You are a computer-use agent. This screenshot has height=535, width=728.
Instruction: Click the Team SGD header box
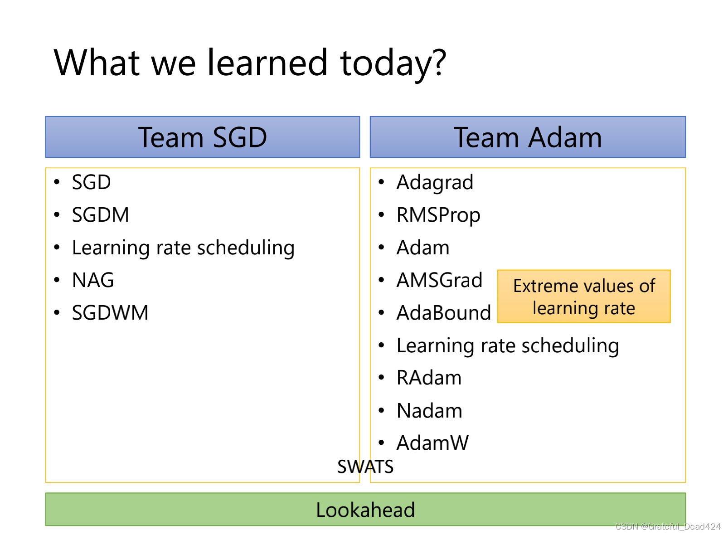pyautogui.click(x=203, y=137)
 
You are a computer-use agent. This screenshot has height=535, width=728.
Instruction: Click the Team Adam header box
pyautogui.click(x=528, y=137)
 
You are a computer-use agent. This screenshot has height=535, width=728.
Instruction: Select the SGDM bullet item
pyautogui.click(x=101, y=215)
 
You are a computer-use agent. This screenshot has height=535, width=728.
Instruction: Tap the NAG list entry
pyautogui.click(x=93, y=280)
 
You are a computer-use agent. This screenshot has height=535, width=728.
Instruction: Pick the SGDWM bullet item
pyautogui.click(x=110, y=313)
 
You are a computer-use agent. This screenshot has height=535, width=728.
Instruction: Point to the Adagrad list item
pyautogui.click(x=435, y=183)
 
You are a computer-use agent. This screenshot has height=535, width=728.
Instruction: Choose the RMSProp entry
pyautogui.click(x=438, y=215)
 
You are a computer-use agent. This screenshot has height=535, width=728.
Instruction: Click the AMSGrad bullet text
pyautogui.click(x=439, y=280)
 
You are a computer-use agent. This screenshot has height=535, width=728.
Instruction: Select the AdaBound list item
pyautogui.click(x=444, y=313)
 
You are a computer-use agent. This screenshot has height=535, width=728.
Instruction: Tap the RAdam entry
pyautogui.click(x=429, y=378)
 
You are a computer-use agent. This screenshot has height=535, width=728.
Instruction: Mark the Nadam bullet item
pyautogui.click(x=429, y=410)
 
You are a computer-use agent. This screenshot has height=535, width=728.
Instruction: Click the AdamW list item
pyautogui.click(x=432, y=443)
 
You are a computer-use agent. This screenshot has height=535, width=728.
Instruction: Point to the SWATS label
pyautogui.click(x=365, y=467)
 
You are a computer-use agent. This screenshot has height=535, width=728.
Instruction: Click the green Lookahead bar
pyautogui.click(x=365, y=509)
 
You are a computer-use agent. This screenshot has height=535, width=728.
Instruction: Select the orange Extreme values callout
pyautogui.click(x=584, y=297)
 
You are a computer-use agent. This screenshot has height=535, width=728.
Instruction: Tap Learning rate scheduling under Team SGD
pyautogui.click(x=183, y=248)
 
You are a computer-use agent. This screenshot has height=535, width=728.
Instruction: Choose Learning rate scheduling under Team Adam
pyautogui.click(x=508, y=346)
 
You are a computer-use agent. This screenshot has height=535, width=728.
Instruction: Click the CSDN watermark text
pyautogui.click(x=668, y=526)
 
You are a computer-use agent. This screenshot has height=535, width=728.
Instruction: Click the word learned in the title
pyautogui.click(x=267, y=62)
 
